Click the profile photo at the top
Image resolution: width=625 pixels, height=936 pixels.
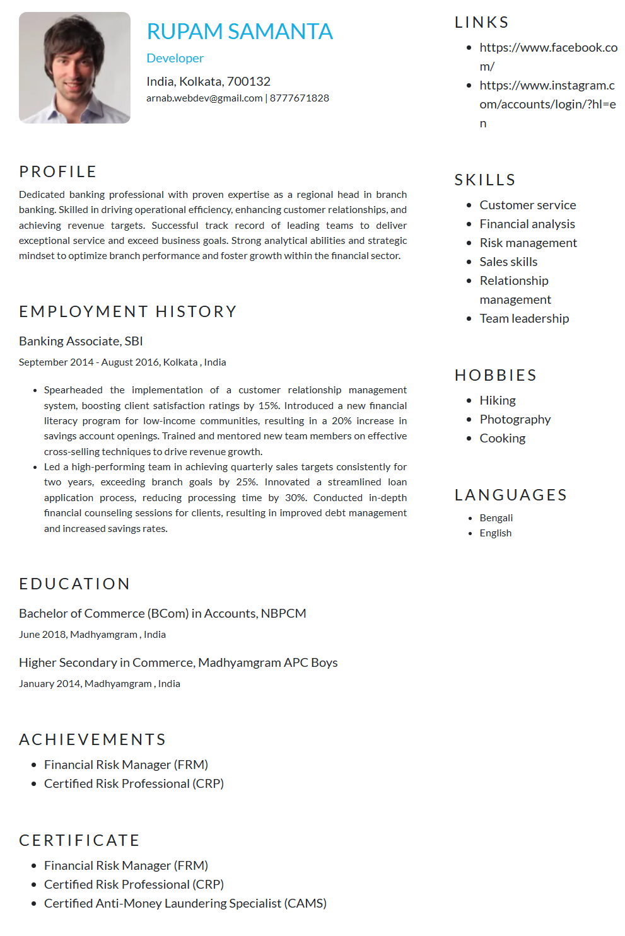coord(74,67)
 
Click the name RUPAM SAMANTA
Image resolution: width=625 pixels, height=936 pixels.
coord(240,32)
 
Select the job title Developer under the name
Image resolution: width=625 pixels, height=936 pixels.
coord(175,58)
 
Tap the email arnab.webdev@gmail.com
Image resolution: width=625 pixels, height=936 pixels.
coord(204,98)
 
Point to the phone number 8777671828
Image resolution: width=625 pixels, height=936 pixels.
coord(300,98)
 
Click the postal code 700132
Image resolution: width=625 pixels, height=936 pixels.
coord(248,81)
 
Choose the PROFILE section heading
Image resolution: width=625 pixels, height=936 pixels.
coord(58,171)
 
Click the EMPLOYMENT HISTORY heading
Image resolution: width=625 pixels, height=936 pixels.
coord(128,311)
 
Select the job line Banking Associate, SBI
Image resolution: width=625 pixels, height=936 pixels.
coord(81,341)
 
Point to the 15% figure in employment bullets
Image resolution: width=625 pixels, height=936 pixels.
coord(268,405)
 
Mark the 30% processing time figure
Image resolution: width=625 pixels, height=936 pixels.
coord(295,497)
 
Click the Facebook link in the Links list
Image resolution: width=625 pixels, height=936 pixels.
coord(548,48)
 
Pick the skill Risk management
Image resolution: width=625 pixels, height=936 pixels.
coord(528,243)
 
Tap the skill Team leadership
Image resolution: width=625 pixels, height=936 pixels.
coord(524,318)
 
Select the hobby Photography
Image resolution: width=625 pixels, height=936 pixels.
coord(515,419)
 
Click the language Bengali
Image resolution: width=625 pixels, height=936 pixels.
coord(496,517)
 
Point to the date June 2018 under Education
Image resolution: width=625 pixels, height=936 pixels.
coord(42,634)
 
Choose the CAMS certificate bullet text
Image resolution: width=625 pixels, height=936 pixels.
coord(185,903)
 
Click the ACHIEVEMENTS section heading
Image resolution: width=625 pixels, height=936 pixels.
coord(93,739)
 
